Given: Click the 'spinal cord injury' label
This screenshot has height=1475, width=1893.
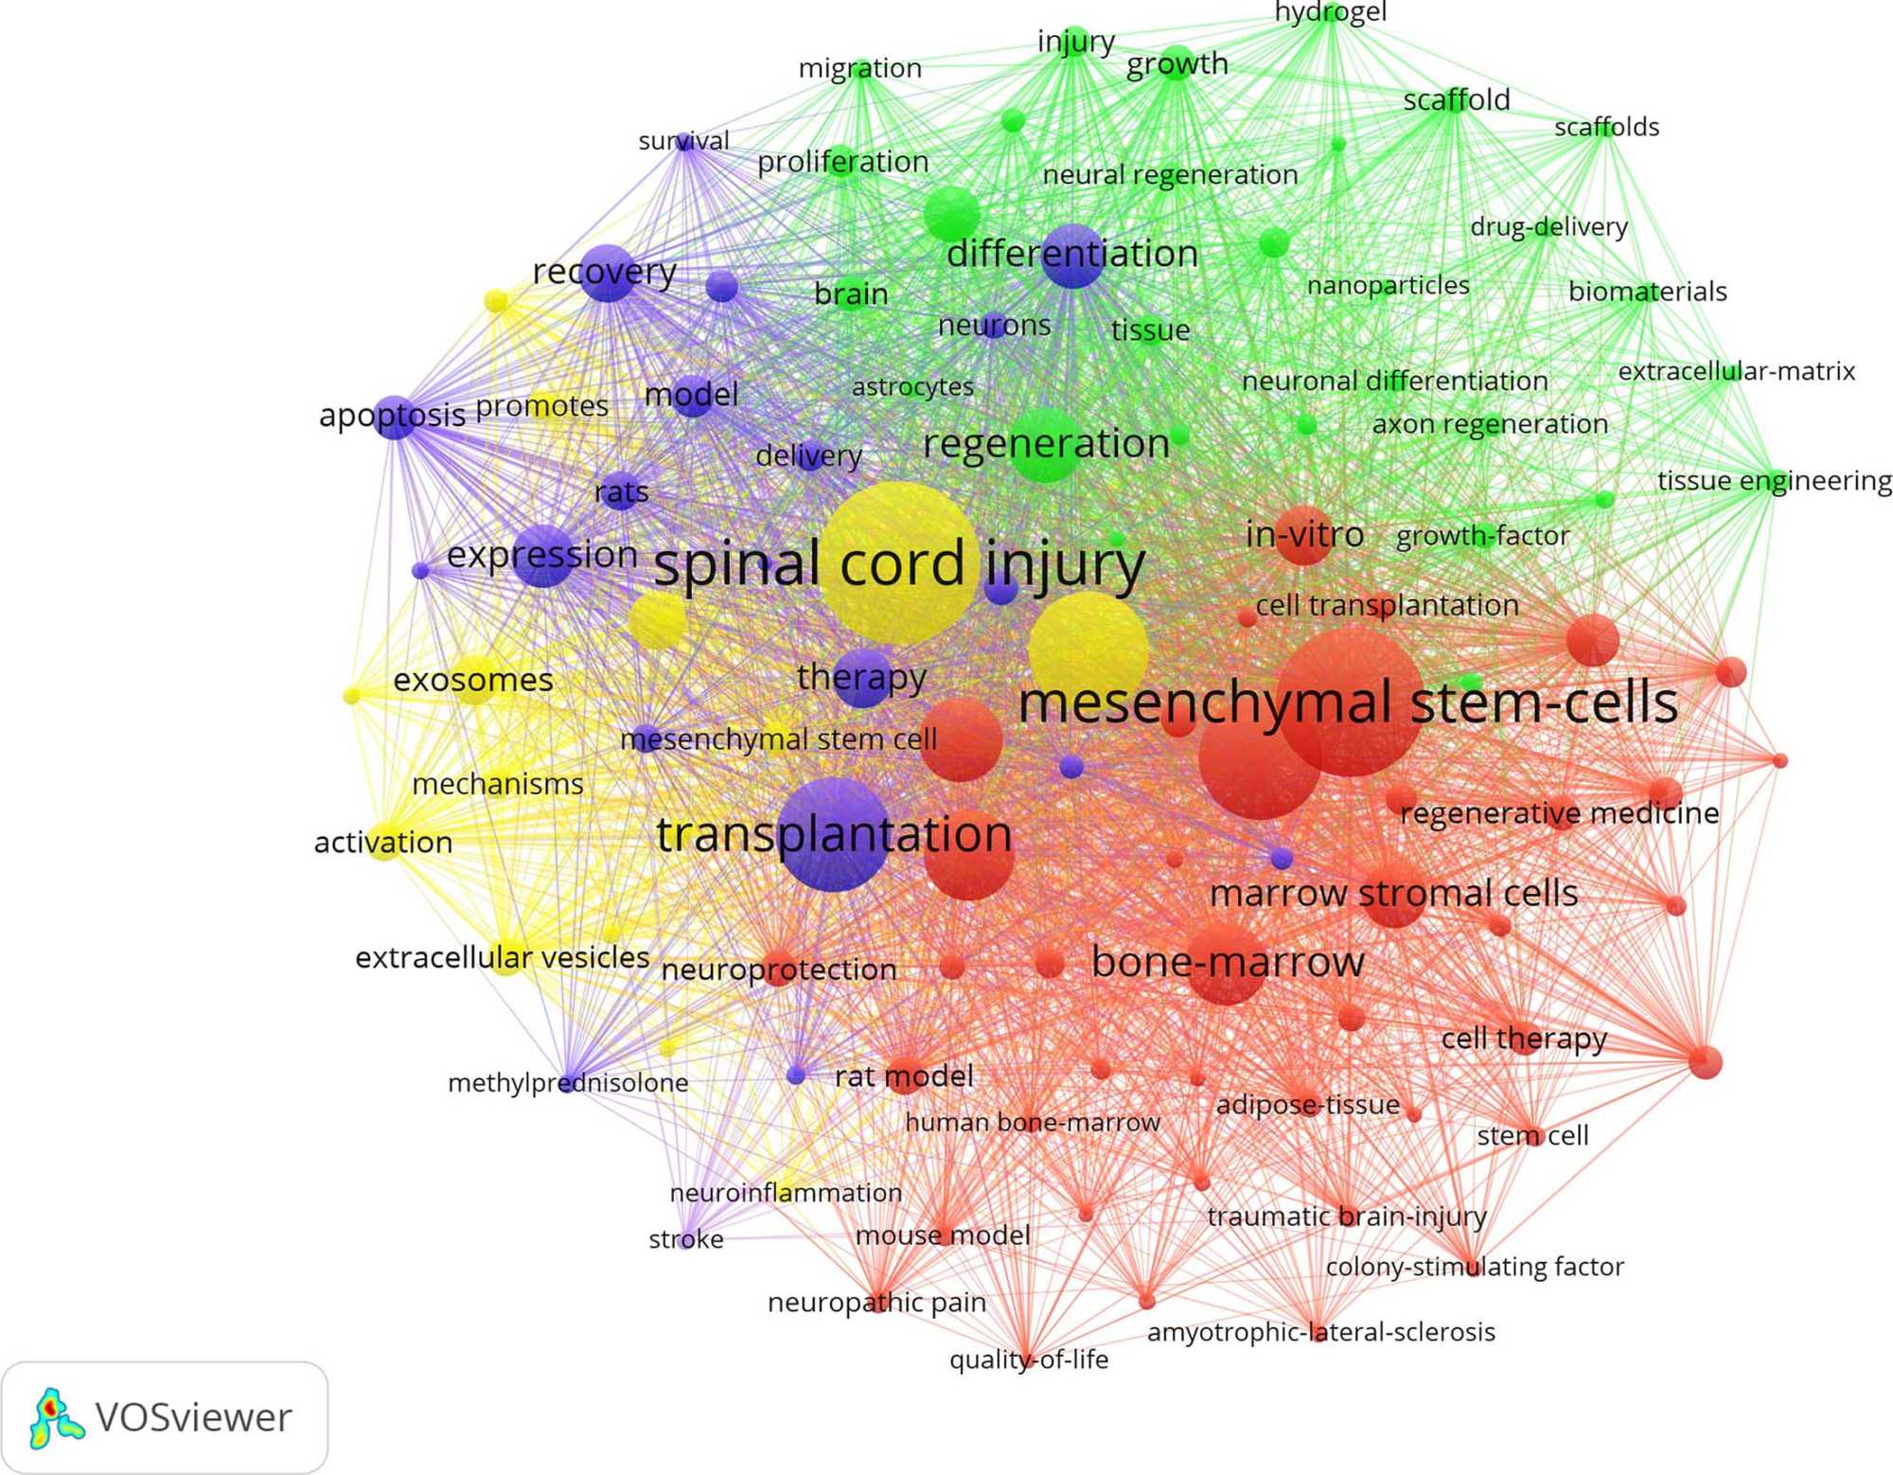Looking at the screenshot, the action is [898, 564].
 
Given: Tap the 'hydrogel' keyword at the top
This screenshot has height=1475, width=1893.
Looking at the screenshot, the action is [1330, 12].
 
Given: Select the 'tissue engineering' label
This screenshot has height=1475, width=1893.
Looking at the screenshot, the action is [1774, 480].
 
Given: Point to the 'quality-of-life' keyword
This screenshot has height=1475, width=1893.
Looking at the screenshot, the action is [1029, 1359].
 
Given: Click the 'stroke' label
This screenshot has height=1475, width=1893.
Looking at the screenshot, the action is [686, 1239].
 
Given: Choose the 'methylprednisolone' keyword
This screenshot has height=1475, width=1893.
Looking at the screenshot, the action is [568, 1082].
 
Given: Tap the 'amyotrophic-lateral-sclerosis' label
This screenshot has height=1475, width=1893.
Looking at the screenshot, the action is [1320, 1332].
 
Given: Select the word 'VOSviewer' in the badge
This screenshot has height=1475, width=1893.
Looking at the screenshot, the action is [193, 1417].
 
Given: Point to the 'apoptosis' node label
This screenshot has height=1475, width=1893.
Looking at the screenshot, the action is [392, 415].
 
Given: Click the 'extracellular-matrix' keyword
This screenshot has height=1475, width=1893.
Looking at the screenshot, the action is [1736, 371].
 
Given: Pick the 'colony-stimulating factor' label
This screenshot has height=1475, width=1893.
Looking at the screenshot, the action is [1474, 1267].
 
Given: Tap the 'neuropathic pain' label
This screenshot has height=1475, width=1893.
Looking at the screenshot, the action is [876, 1303].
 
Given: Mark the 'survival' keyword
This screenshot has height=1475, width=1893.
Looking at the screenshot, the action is [683, 141].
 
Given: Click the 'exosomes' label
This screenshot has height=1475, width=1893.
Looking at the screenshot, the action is [473, 680].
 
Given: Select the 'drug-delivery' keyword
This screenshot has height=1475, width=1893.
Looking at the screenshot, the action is [1548, 227].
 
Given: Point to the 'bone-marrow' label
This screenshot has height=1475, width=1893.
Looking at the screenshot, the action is [1227, 962].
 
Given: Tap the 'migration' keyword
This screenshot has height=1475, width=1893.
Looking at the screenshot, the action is [859, 68].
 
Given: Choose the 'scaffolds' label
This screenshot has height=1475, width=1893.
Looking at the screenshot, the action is [1606, 127].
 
